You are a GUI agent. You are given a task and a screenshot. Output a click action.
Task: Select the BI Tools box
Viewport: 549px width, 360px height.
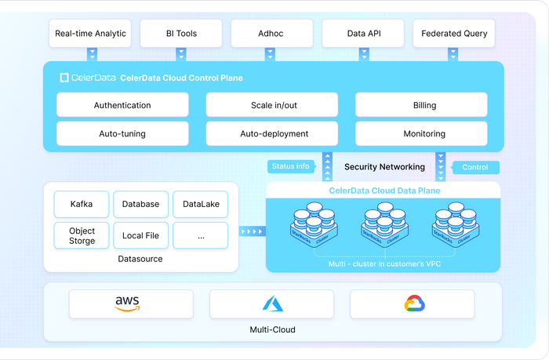(181, 34)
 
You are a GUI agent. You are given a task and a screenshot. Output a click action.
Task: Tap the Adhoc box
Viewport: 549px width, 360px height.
(272, 34)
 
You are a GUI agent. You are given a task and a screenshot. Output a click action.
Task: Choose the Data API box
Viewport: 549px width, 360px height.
(363, 34)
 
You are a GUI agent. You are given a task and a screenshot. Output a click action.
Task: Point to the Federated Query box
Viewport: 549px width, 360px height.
(454, 34)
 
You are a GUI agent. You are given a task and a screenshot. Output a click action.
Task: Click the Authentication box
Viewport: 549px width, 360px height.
(122, 105)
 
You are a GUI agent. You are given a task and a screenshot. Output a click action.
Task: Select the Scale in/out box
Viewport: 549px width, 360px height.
(272, 105)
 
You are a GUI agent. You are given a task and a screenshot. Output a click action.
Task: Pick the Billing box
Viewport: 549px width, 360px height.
(424, 105)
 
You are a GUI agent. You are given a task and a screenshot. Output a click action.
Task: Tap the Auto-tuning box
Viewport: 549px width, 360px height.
(122, 133)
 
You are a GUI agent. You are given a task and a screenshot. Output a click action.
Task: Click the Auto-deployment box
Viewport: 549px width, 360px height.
(272, 133)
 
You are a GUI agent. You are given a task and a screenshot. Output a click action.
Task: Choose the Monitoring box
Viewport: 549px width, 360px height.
(424, 133)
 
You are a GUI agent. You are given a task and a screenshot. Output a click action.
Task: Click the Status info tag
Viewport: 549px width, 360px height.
(291, 166)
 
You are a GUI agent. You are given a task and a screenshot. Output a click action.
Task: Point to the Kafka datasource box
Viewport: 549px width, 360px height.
(82, 204)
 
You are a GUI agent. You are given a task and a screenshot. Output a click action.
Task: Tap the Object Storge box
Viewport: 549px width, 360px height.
(82, 235)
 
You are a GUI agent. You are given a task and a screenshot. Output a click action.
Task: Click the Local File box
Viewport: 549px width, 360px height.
(140, 235)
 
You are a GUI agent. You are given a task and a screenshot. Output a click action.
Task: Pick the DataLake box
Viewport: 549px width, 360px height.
(200, 204)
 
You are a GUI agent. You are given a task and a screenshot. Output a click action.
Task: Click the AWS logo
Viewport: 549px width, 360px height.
(127, 304)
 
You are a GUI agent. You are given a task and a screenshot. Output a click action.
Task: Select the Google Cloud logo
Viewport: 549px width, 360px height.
(413, 304)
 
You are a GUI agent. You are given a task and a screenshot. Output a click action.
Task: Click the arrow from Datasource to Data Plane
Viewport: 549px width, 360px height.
(251, 231)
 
